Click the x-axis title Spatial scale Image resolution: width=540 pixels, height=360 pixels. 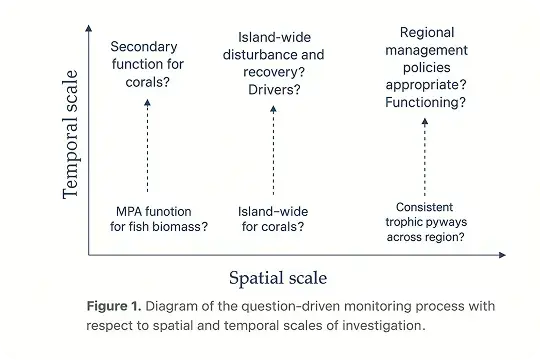pos(278,277)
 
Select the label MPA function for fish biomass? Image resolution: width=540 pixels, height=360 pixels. pos(159,219)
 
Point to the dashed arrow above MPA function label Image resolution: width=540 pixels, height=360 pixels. pos(147,145)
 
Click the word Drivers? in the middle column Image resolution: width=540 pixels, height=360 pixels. pos(274,90)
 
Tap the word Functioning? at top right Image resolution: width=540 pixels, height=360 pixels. pos(426,102)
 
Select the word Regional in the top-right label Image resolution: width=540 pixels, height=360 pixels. pos(426,33)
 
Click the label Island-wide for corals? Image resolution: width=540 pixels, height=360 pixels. pos(272,219)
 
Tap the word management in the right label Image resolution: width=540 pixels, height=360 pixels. pos(426,50)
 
